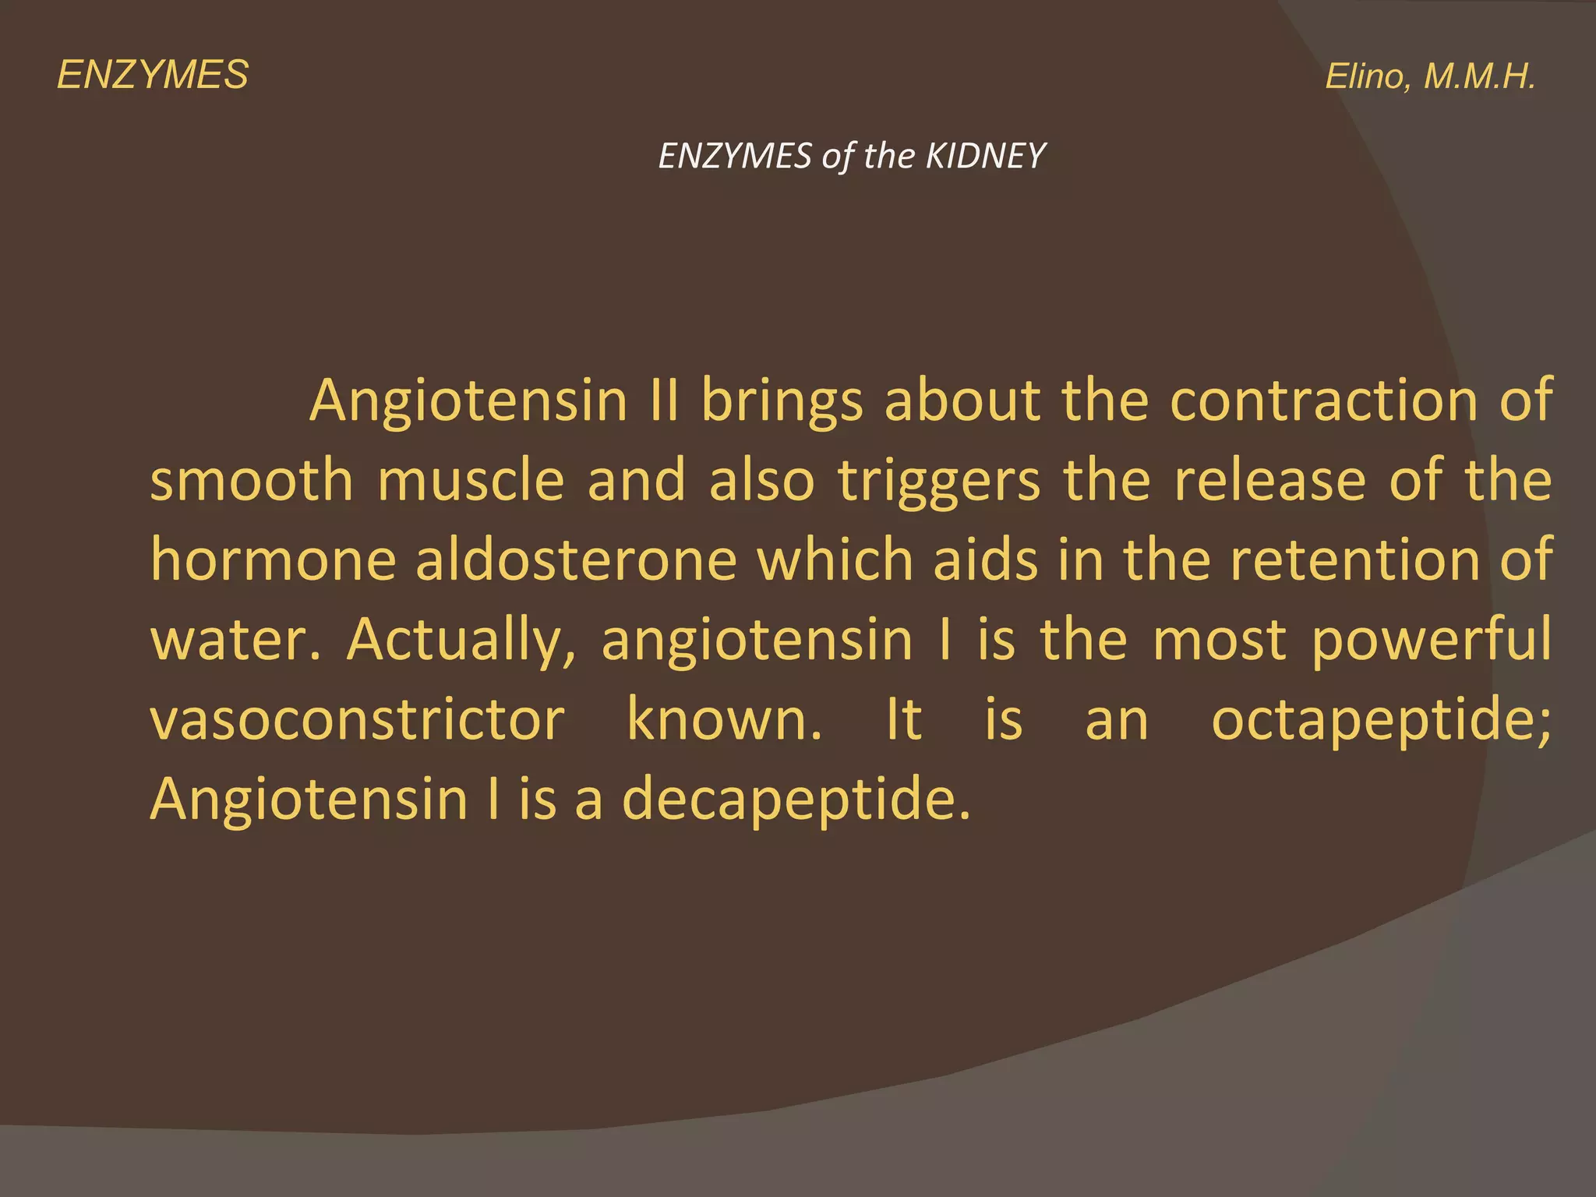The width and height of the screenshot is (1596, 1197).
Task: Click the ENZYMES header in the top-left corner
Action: (x=153, y=76)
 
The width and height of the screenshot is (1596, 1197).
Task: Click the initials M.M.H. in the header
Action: (x=1479, y=76)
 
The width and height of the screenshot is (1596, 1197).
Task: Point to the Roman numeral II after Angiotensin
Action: (x=665, y=401)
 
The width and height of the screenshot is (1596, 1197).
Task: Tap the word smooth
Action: (x=252, y=480)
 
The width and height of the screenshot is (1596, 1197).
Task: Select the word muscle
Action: (x=471, y=480)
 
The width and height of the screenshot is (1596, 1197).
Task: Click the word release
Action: (x=1269, y=480)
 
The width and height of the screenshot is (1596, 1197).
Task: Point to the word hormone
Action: (x=273, y=560)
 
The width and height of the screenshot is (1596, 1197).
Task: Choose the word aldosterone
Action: (x=576, y=560)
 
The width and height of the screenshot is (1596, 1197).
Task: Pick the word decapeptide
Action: (x=796, y=802)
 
